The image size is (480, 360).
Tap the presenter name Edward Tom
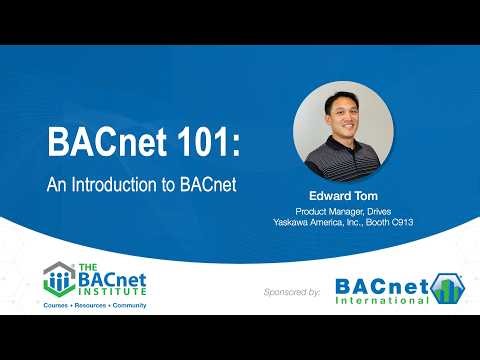coord(342,195)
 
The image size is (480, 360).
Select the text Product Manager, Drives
coord(342,211)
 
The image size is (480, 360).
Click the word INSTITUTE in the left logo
coord(117,291)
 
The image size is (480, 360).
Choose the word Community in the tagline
coord(130,304)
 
